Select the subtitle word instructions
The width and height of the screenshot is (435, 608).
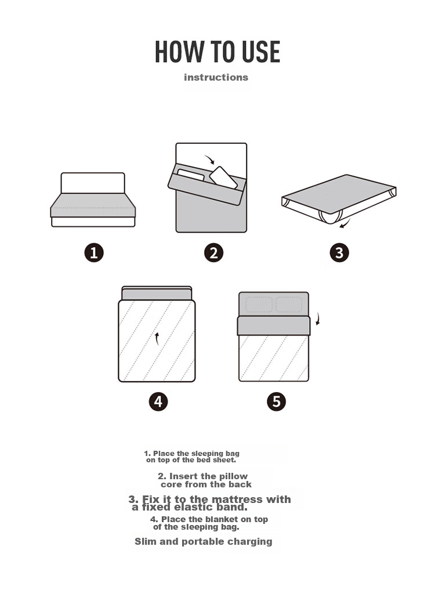(x=216, y=77)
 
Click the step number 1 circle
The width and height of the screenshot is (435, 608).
(x=94, y=253)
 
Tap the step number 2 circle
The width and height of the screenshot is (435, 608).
(x=213, y=253)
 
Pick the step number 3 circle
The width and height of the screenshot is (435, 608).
(x=339, y=253)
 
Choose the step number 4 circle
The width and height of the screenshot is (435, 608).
(x=158, y=401)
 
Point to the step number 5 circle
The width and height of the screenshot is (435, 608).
(x=277, y=401)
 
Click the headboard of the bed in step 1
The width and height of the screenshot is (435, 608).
(x=93, y=183)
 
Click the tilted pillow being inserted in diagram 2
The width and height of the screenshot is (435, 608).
(x=223, y=178)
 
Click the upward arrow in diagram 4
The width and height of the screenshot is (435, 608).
(x=157, y=338)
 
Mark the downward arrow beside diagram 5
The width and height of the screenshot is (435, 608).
(x=318, y=318)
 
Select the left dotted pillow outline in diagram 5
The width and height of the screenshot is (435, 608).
(x=259, y=305)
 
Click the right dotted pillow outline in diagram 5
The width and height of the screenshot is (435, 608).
(x=289, y=305)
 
